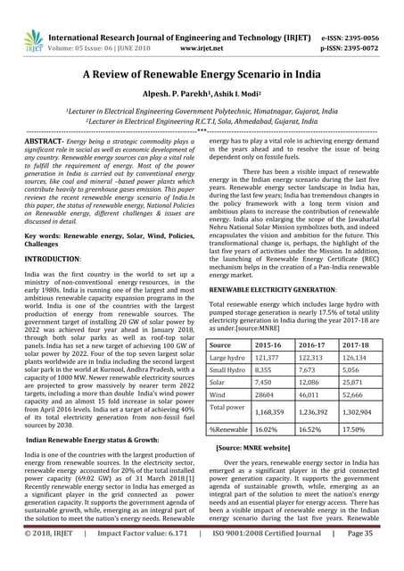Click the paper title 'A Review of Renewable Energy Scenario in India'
pyautogui.click(x=201, y=75)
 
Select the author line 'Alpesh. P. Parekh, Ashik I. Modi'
pyautogui.click(x=201, y=95)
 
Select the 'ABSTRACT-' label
pyautogui.click(x=42, y=142)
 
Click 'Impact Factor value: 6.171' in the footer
pyautogui.click(x=144, y=559)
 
